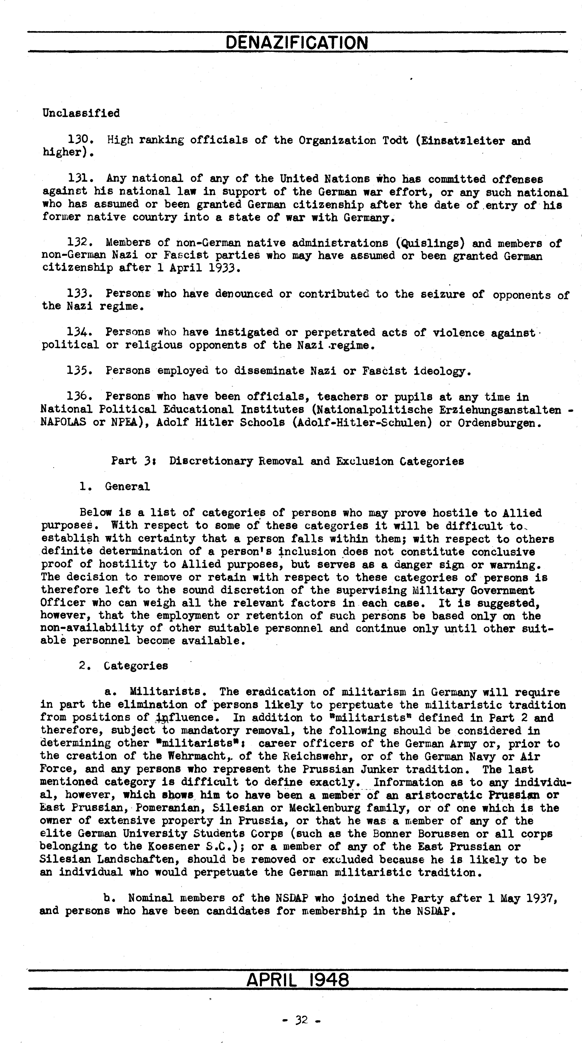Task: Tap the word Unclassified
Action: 81,113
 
